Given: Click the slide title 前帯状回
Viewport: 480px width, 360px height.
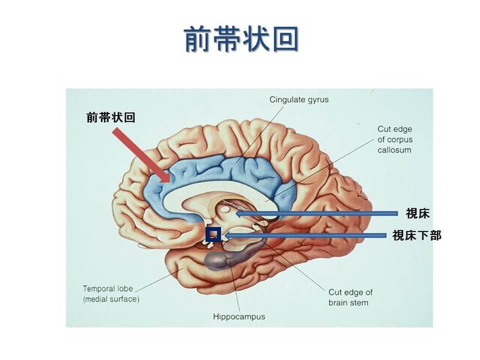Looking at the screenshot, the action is [240, 40].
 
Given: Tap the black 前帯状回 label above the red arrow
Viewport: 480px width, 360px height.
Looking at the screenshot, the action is [111, 117].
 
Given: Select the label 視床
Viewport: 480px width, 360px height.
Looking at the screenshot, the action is [418, 213].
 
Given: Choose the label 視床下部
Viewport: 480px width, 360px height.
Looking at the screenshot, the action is [416, 235].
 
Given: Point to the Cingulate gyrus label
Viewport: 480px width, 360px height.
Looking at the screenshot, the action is [299, 100].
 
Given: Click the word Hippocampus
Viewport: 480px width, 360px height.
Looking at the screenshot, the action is [239, 316].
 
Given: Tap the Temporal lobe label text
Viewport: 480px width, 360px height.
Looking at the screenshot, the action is [107, 288].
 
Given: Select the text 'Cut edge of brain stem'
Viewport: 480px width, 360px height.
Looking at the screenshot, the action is [350, 297].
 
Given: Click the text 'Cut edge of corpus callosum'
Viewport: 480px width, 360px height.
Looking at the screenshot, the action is [394, 140].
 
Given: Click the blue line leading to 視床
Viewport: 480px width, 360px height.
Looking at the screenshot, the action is [318, 213].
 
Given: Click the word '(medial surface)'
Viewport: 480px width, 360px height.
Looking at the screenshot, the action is [111, 299].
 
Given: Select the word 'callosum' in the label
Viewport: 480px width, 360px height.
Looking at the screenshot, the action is [394, 150].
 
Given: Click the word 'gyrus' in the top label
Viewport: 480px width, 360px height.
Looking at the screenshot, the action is [315, 100].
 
